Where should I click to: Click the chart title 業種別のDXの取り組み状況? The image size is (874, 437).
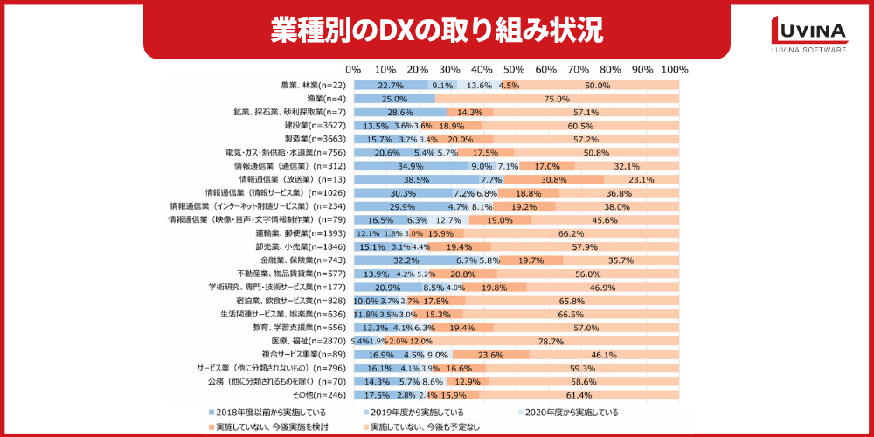tap(436, 29)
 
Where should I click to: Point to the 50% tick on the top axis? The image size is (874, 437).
tap(514, 69)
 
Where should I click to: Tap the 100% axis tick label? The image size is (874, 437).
tap(675, 69)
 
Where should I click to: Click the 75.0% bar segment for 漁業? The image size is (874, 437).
tap(558, 99)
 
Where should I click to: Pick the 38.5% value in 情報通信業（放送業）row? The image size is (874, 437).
tap(414, 179)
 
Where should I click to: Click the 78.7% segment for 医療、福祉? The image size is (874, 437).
tap(550, 341)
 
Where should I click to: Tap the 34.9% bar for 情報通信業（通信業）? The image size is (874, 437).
tap(409, 166)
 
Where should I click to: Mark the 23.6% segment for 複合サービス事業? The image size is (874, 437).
tap(490, 355)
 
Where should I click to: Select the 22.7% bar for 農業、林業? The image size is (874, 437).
tap(390, 86)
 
